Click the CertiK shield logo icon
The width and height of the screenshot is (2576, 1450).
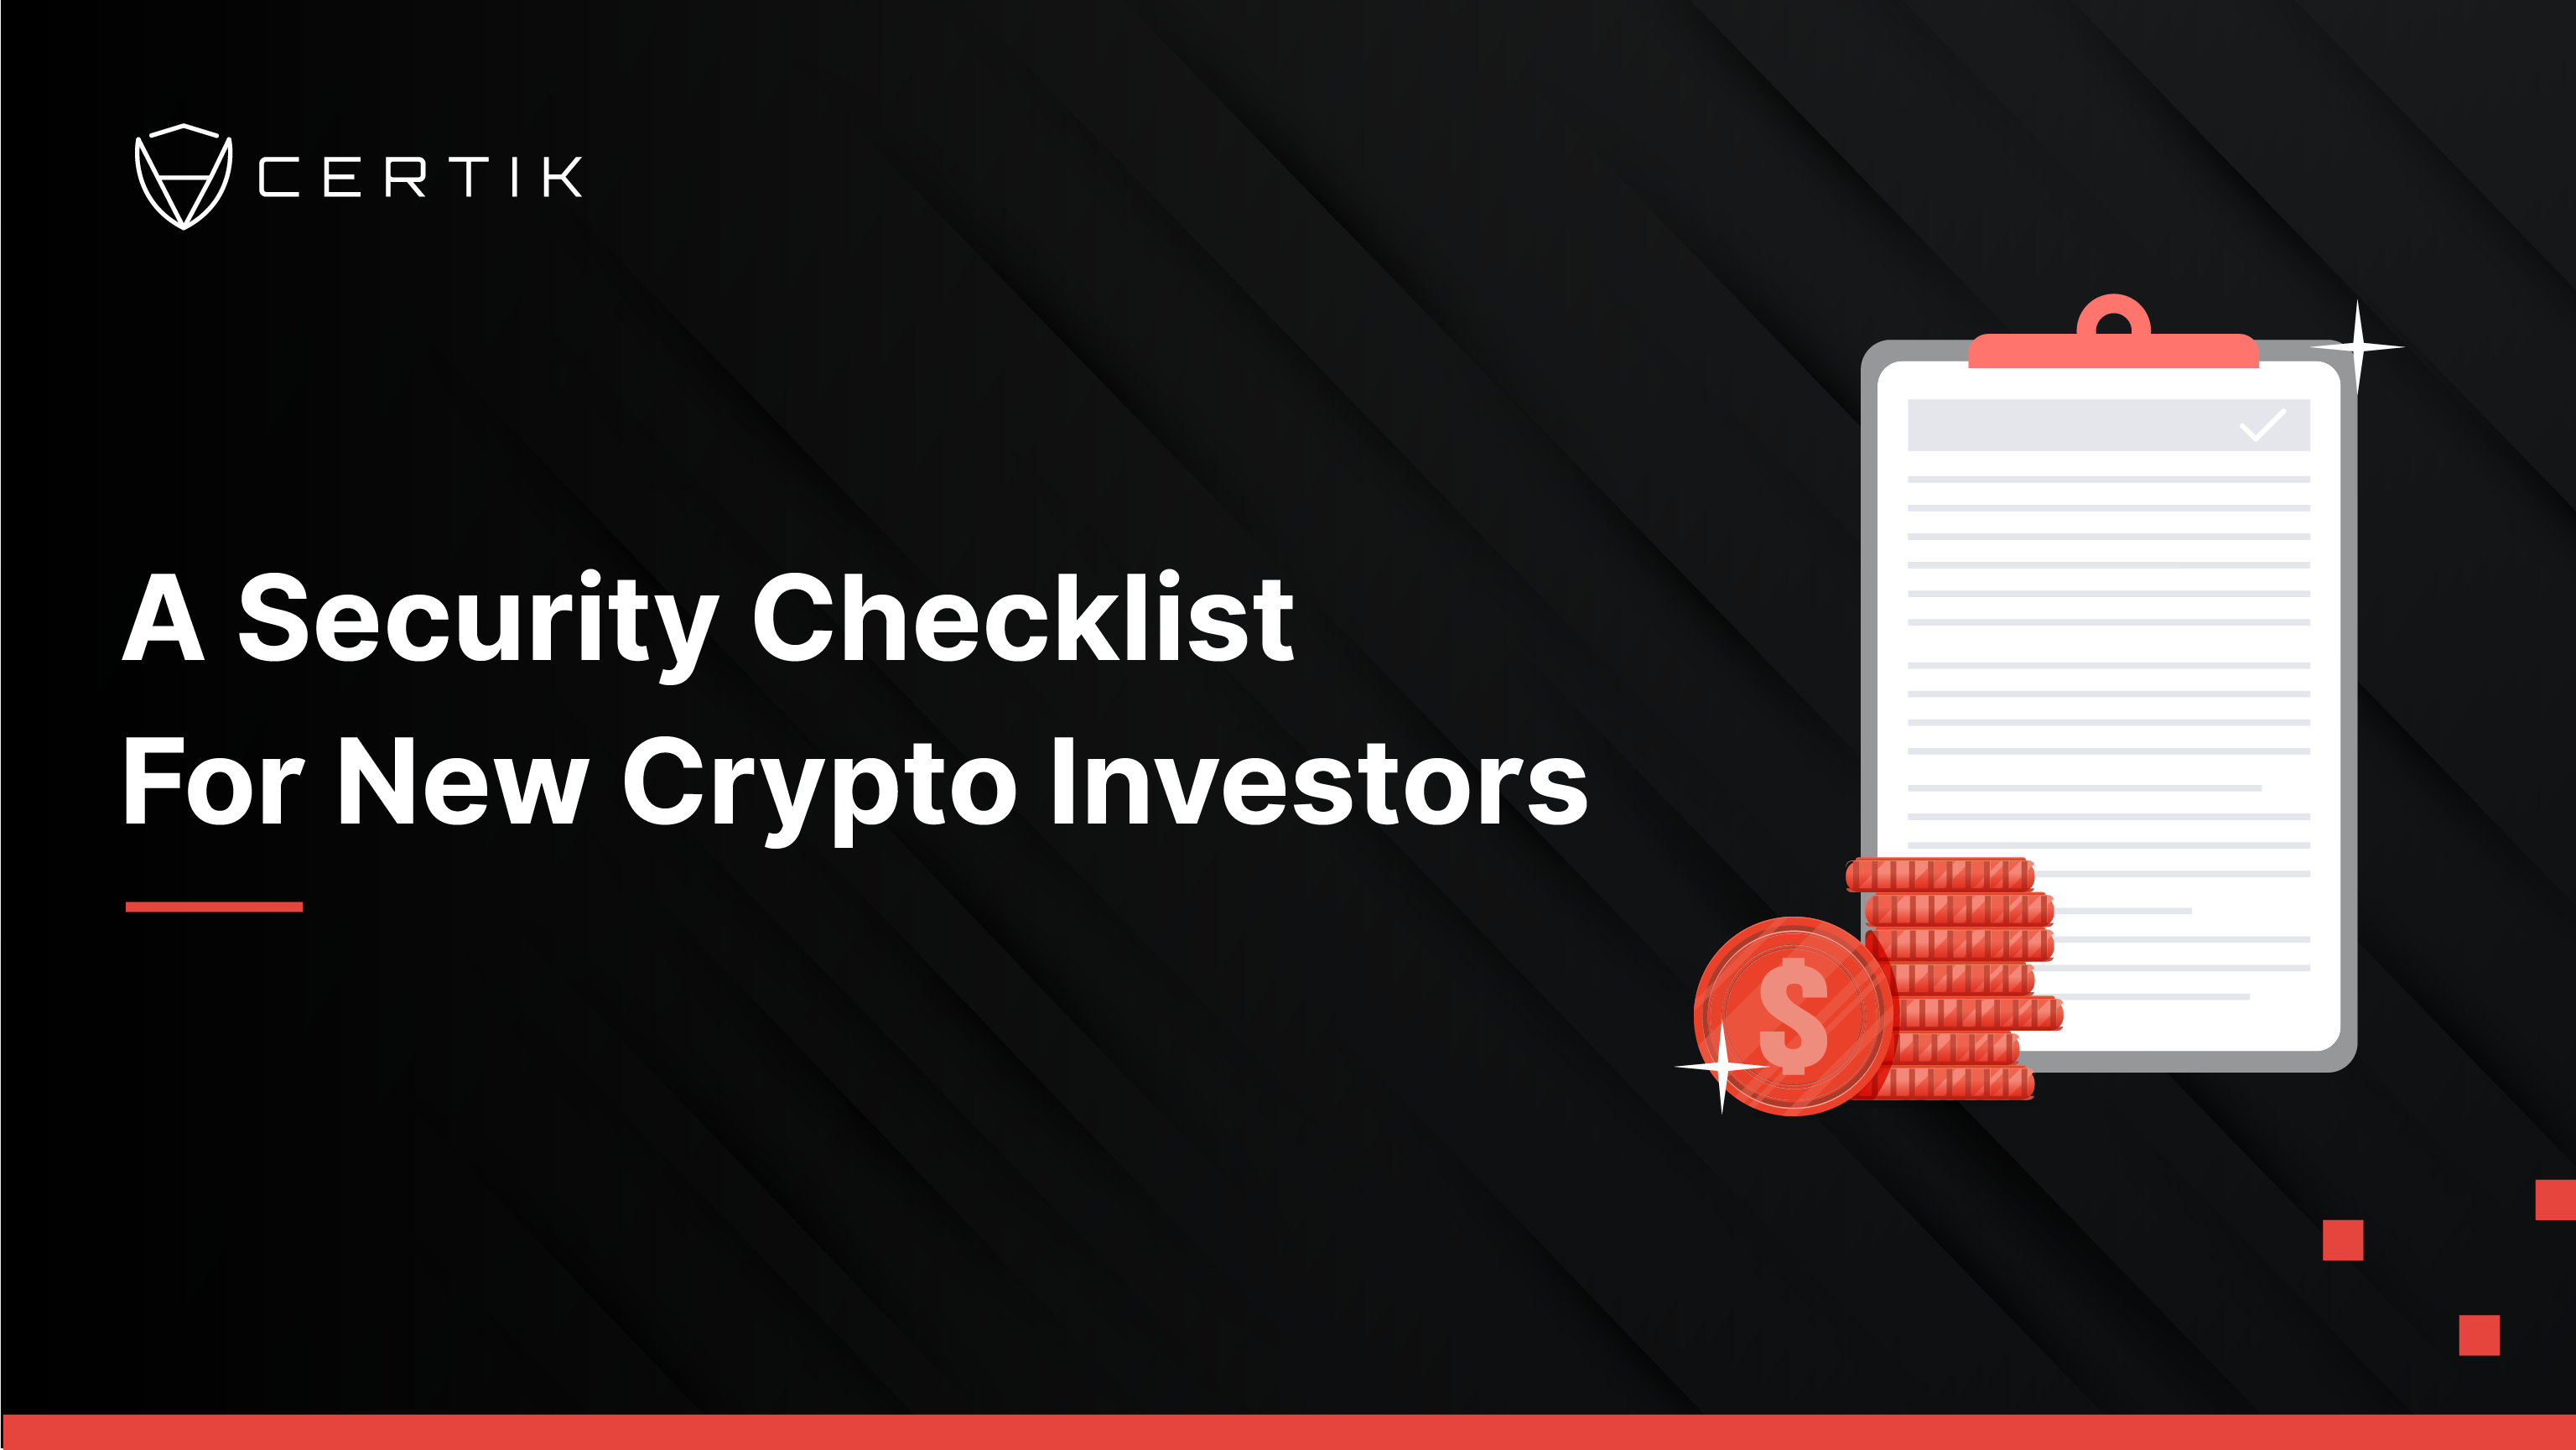183,177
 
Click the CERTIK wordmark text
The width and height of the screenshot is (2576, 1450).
420,177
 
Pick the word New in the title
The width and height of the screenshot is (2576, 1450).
462,781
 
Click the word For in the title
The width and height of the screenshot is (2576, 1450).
212,781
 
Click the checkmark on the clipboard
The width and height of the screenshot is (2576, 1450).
2262,425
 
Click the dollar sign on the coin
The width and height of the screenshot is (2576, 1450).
1793,1016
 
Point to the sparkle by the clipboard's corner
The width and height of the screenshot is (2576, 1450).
2357,347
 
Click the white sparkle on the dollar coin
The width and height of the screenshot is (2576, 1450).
1722,1067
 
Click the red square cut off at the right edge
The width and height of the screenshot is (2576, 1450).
2556,1200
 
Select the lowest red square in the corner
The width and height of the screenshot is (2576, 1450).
2479,1335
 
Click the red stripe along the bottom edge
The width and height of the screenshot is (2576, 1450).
1288,1432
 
